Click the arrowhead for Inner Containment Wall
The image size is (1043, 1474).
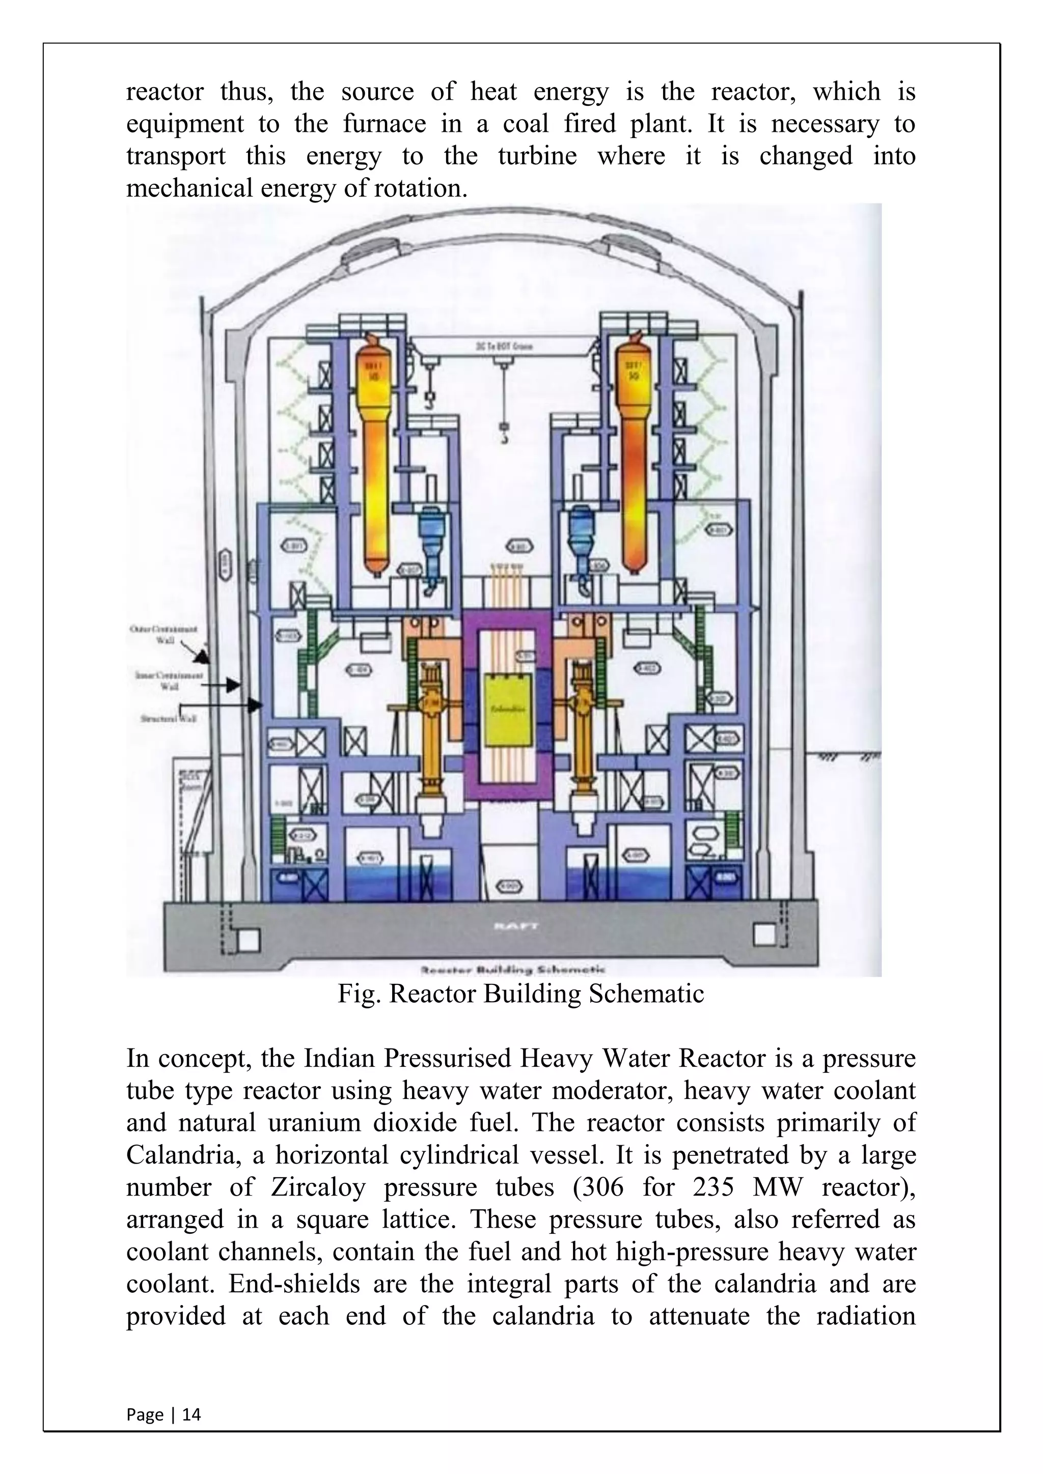(234, 686)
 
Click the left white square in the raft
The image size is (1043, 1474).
(249, 941)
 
